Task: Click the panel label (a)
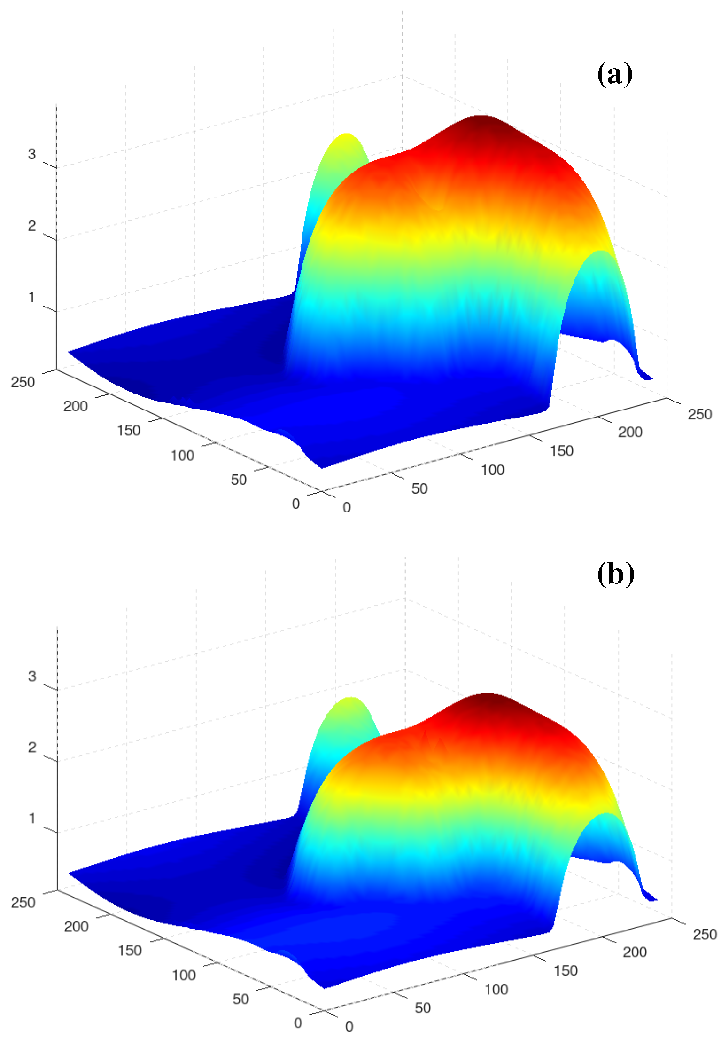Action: [x=614, y=74]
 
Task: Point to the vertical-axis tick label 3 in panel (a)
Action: [x=31, y=154]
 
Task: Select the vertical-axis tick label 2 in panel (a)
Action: [x=31, y=226]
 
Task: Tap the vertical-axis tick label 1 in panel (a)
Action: [x=31, y=297]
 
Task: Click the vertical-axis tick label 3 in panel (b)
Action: [x=32, y=676]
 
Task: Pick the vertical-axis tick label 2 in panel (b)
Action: [x=32, y=747]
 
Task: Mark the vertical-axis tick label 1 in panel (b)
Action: [x=32, y=818]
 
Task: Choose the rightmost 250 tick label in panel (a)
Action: [x=700, y=414]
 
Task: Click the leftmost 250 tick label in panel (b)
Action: [x=23, y=902]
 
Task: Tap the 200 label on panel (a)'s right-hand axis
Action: [x=630, y=432]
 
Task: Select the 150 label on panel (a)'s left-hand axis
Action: [x=129, y=430]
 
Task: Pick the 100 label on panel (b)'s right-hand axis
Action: [x=496, y=989]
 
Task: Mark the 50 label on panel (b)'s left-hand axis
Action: [x=240, y=999]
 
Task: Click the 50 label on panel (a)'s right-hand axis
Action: [x=419, y=488]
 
